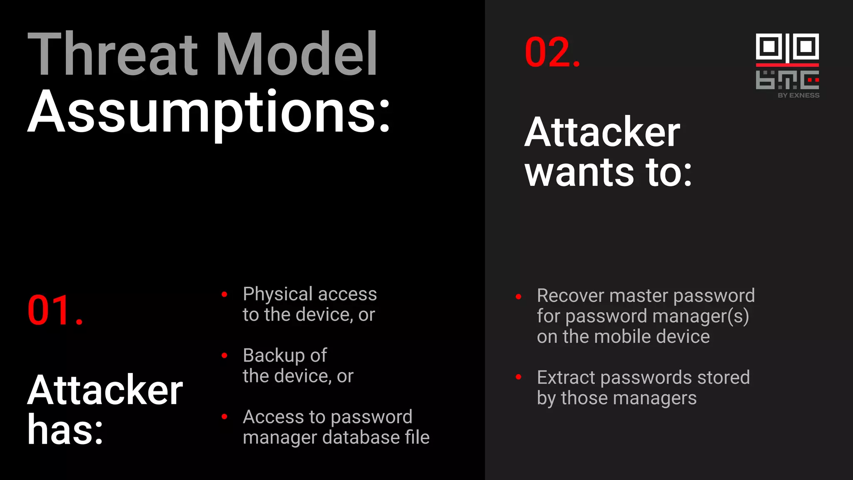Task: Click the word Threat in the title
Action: pyautogui.click(x=112, y=54)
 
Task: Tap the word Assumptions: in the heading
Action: pyautogui.click(x=208, y=112)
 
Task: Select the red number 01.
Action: pyautogui.click(x=55, y=310)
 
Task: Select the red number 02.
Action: pyautogui.click(x=552, y=52)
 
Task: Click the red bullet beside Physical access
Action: pyautogui.click(x=224, y=295)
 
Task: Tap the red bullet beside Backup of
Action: pyautogui.click(x=224, y=355)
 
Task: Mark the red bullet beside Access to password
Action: pyautogui.click(x=224, y=417)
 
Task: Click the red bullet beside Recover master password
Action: pyautogui.click(x=519, y=297)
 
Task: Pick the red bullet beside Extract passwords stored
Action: pyautogui.click(x=519, y=377)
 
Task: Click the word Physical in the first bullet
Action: pyautogui.click(x=278, y=294)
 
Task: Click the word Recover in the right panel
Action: pyautogui.click(x=570, y=296)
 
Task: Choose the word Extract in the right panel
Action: pyautogui.click(x=566, y=377)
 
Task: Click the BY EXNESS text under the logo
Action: pyautogui.click(x=798, y=95)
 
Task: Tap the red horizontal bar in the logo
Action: pyautogui.click(x=787, y=65)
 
